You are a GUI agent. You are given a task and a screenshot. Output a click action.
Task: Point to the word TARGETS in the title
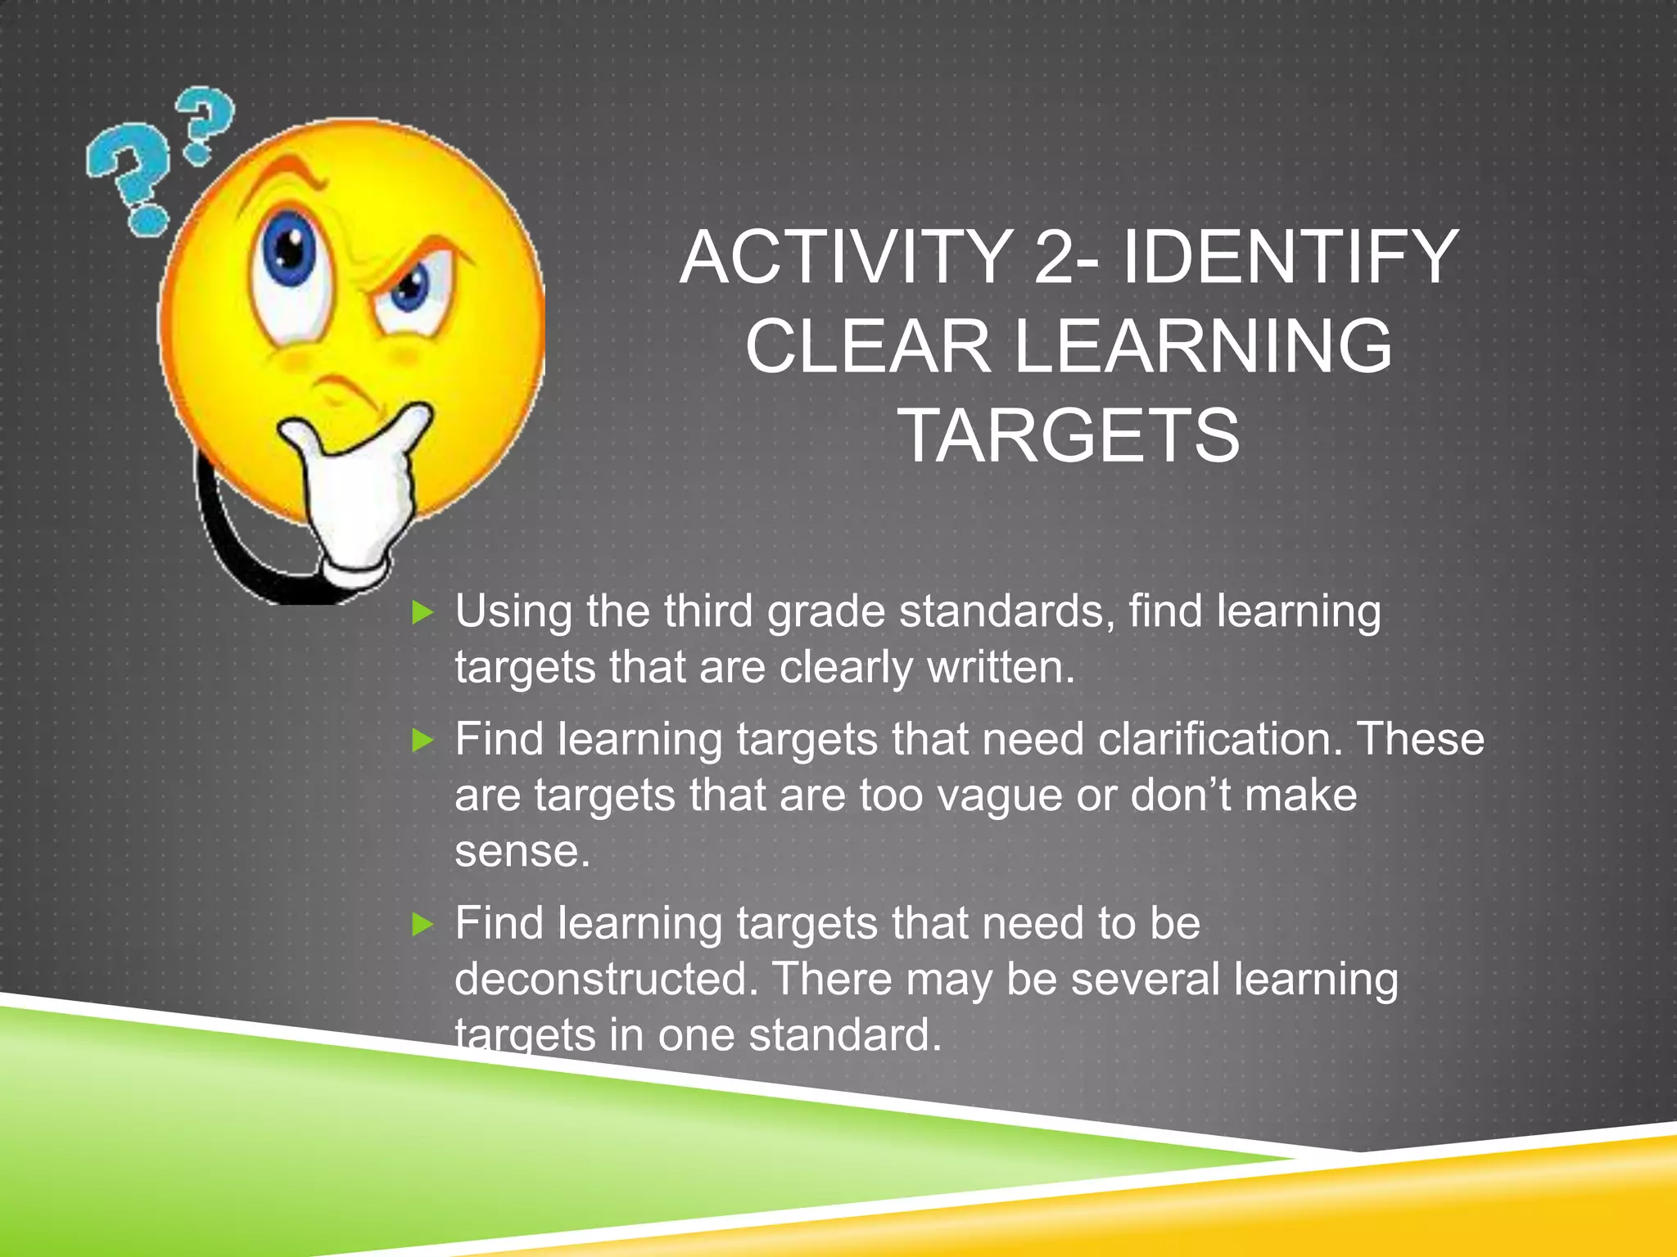click(x=1069, y=435)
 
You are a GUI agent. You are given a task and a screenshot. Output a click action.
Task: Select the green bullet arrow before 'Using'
click(x=423, y=612)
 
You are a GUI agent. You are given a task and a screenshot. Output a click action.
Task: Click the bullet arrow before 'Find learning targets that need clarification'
click(x=423, y=741)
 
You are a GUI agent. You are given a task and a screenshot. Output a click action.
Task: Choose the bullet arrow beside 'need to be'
click(x=423, y=925)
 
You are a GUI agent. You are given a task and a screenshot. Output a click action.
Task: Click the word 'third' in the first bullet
click(x=707, y=611)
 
